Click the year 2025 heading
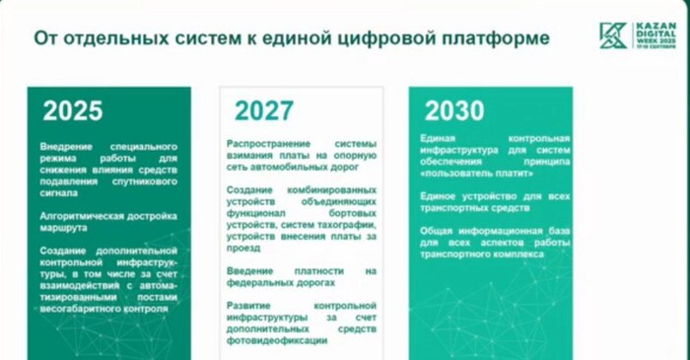(x=73, y=110)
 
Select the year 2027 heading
(x=265, y=110)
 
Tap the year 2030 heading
(x=454, y=110)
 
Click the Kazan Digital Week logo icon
(x=612, y=36)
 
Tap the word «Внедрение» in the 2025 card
(x=67, y=146)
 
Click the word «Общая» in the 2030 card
(x=437, y=230)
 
